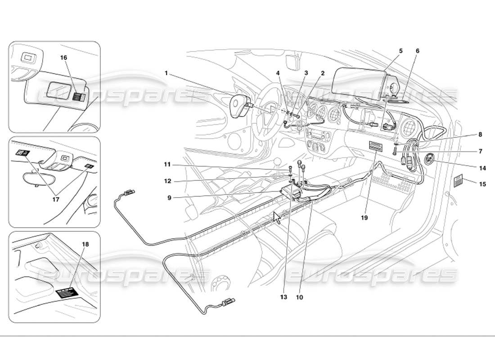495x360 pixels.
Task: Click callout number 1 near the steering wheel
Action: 166,72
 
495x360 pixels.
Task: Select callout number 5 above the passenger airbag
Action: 400,51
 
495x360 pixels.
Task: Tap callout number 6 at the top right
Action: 417,51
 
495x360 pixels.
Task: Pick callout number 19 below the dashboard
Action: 364,217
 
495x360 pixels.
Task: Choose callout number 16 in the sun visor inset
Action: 63,58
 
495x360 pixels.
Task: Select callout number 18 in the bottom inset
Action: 85,244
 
